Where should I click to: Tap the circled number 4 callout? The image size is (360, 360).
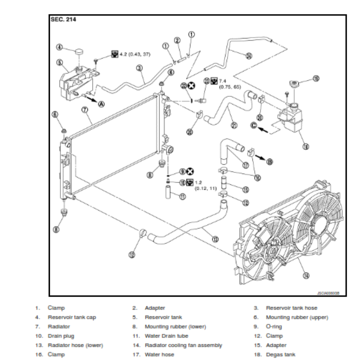point(59,47)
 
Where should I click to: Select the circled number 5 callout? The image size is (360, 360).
point(59,62)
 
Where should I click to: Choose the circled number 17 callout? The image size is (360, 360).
point(246,164)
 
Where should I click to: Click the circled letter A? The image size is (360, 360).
point(101,103)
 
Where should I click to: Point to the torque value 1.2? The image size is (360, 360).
point(198,182)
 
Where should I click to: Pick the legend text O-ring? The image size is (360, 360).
point(274,327)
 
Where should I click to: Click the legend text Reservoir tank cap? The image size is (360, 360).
point(72,317)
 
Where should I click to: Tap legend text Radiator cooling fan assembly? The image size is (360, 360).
point(183,345)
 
